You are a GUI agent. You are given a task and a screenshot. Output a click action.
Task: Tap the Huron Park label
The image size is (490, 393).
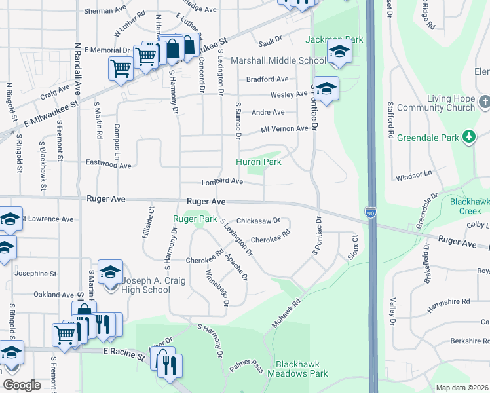click(259, 162)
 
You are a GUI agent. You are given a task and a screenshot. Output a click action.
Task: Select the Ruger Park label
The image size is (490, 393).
click(195, 219)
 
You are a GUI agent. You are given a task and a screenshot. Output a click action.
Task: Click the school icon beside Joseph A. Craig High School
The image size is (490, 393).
click(110, 272)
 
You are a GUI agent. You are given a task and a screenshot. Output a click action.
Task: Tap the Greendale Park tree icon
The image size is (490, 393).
click(468, 136)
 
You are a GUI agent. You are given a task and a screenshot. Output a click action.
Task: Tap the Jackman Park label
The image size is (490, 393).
click(334, 40)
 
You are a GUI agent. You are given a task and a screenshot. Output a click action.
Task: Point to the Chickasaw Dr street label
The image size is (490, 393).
click(258, 221)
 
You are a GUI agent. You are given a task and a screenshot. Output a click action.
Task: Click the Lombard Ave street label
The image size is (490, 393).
click(222, 181)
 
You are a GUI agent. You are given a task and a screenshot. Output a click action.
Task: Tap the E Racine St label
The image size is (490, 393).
click(123, 354)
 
